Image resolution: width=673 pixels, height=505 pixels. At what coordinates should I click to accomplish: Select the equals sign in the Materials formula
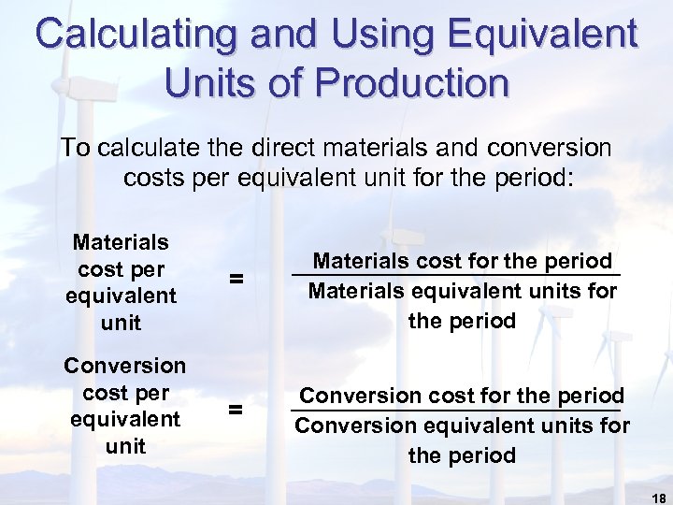[236, 278]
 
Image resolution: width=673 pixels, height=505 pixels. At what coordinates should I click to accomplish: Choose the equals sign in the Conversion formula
[236, 409]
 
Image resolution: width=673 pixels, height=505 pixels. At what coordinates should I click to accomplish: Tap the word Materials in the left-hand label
[121, 242]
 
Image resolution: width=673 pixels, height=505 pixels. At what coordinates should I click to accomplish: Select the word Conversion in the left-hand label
[124, 365]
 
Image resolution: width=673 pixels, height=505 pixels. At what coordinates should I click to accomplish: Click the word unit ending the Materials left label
[121, 324]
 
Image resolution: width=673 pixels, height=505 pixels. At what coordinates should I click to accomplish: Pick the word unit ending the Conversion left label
[125, 446]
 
